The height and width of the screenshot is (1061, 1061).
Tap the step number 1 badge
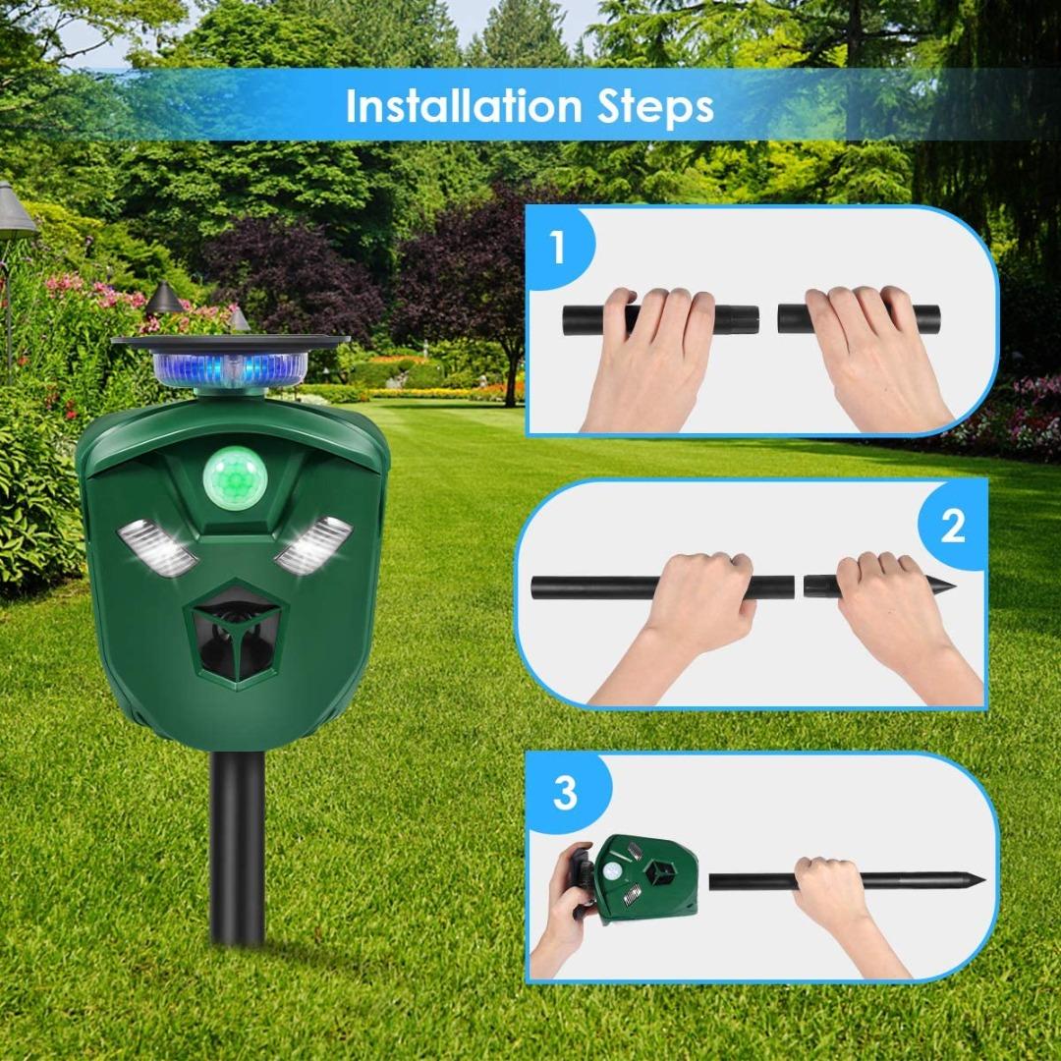557,248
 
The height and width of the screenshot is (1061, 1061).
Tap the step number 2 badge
952,527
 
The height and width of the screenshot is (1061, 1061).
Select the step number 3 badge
564,792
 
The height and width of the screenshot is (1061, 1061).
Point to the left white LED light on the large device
157,548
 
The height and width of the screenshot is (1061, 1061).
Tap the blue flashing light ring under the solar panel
230,369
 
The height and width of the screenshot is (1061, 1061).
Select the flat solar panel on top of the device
230,341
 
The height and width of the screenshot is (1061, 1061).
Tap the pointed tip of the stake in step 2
944,587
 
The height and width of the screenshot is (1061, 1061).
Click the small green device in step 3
644,877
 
